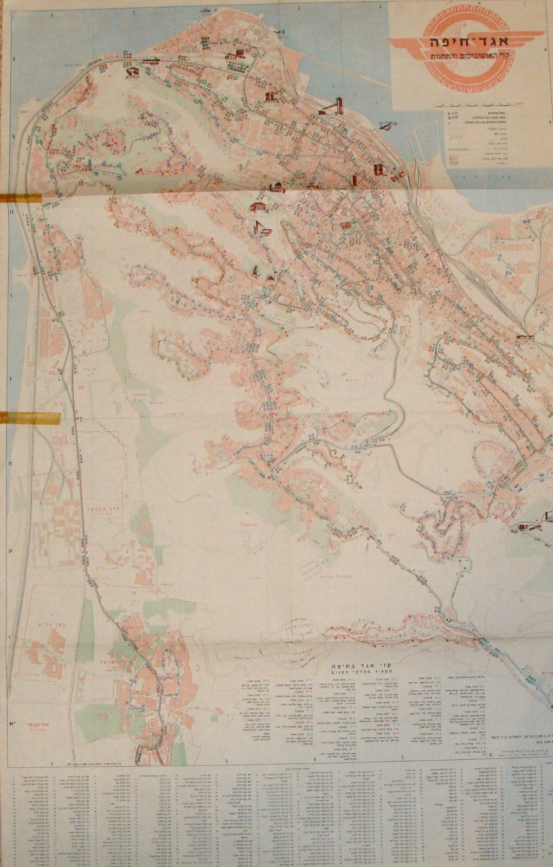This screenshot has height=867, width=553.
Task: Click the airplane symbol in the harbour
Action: point(385,126)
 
